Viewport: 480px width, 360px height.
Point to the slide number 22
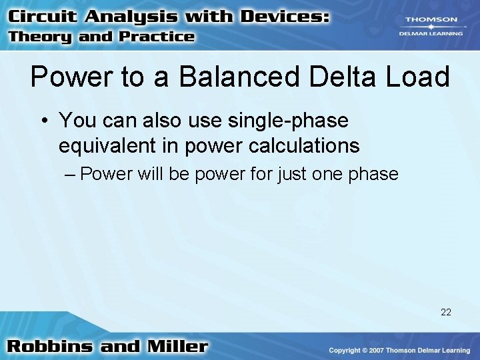(446, 311)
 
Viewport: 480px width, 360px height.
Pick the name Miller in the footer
(175, 347)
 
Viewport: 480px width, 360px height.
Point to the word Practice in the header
(155, 37)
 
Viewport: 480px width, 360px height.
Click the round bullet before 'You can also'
(45, 121)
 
